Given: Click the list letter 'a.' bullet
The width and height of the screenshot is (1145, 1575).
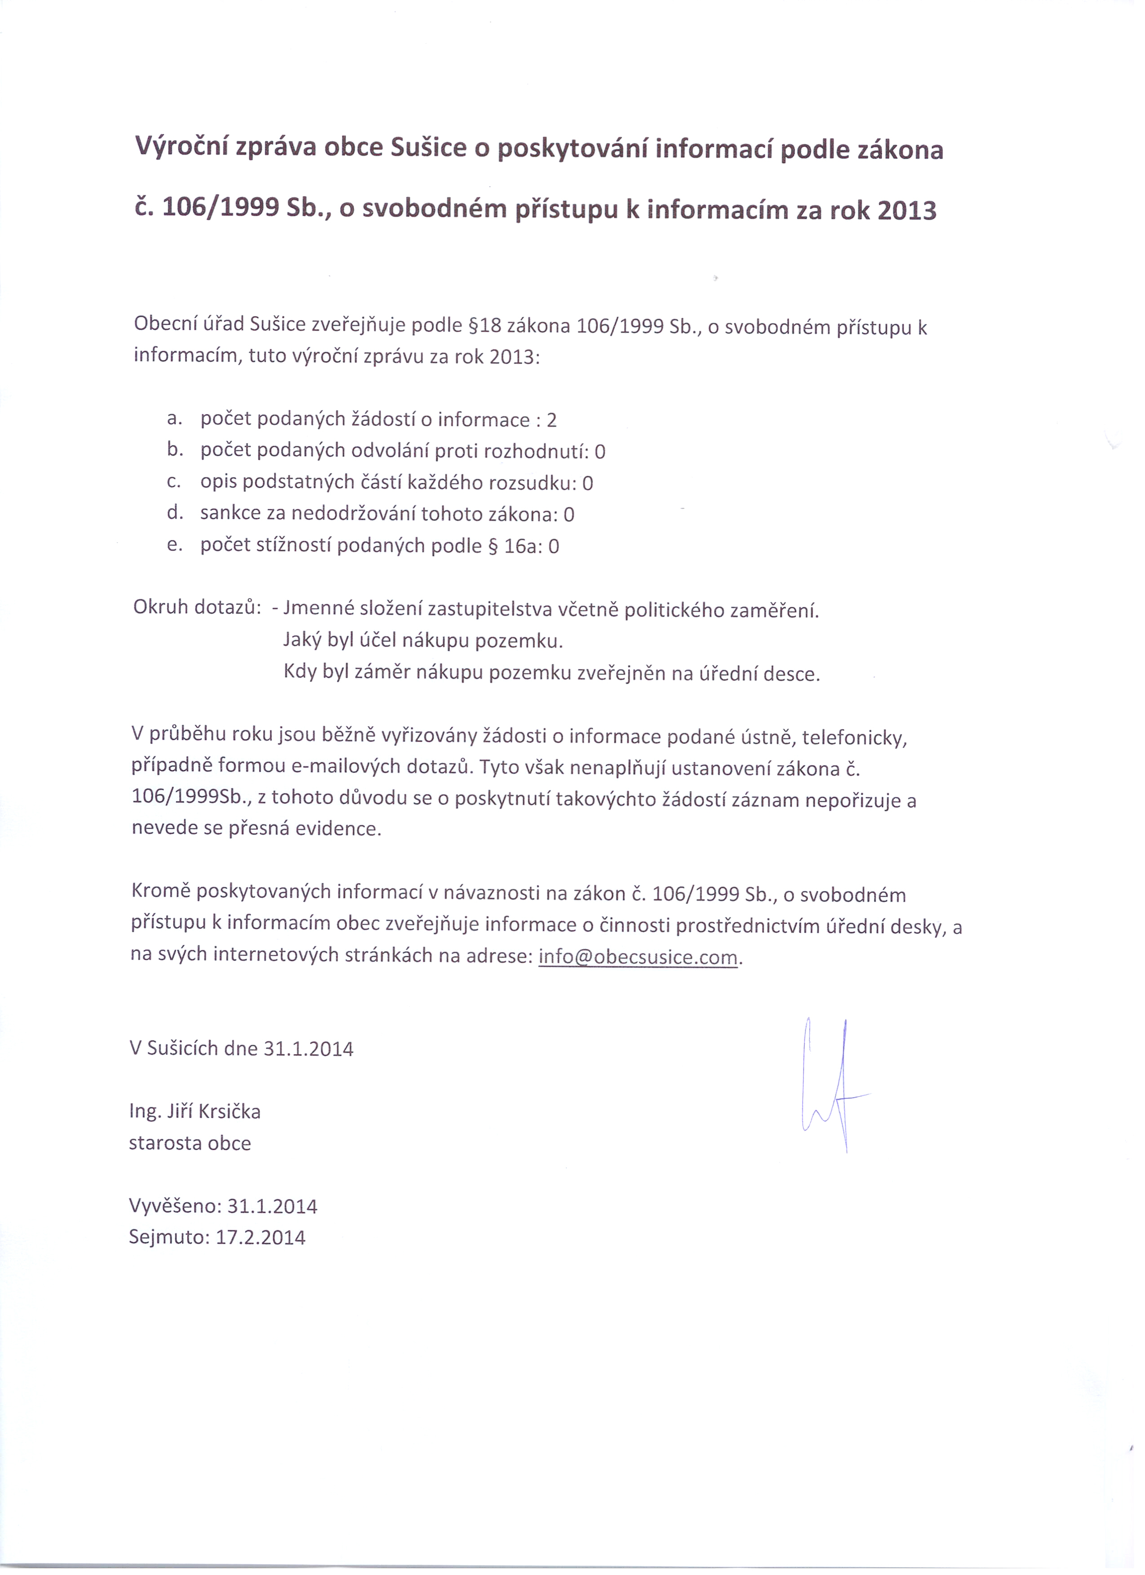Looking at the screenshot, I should pos(174,419).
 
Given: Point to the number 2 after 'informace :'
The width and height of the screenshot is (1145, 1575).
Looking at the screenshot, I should pos(551,420).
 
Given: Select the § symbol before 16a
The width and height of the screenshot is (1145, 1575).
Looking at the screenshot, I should pos(494,547).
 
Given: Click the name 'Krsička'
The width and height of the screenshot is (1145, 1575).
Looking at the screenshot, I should pos(229,1112).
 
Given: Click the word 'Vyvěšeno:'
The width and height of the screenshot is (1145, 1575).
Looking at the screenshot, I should pos(175,1206).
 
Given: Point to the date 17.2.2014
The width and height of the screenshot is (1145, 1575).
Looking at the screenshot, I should pos(260,1237).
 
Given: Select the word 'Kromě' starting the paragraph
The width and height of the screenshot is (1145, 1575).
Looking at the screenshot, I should pos(160,892).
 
